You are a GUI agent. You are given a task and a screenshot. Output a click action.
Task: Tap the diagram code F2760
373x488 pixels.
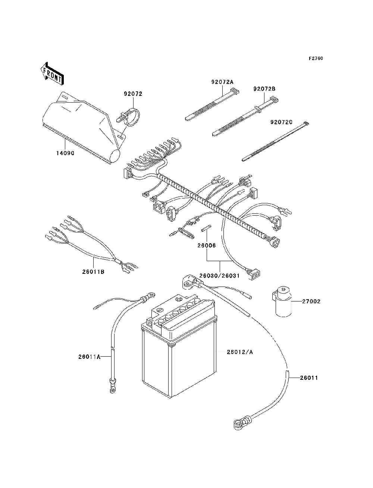tap(316, 59)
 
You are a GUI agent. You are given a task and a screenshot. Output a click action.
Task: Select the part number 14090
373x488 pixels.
tap(65, 153)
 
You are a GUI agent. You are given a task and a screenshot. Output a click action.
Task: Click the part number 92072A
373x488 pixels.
tap(222, 82)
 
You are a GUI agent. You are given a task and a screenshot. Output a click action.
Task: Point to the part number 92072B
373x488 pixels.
tap(264, 89)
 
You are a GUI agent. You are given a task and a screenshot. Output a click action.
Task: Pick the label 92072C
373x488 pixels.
tap(281, 122)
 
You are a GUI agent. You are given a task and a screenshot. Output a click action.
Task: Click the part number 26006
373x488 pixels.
tap(207, 245)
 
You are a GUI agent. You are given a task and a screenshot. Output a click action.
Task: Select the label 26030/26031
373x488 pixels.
tap(219, 276)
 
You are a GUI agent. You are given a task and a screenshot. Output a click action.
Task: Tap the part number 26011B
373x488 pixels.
tap(93, 272)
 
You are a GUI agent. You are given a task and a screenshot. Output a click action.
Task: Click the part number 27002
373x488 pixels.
tap(311, 301)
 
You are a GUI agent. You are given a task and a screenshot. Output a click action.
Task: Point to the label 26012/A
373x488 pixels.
tap(240, 352)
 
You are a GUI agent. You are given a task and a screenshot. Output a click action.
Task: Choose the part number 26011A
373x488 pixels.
tap(90, 357)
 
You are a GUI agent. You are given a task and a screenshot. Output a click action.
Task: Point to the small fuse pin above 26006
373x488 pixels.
tap(206, 229)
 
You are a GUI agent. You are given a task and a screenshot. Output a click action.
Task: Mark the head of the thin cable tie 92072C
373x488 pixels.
tap(306, 123)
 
